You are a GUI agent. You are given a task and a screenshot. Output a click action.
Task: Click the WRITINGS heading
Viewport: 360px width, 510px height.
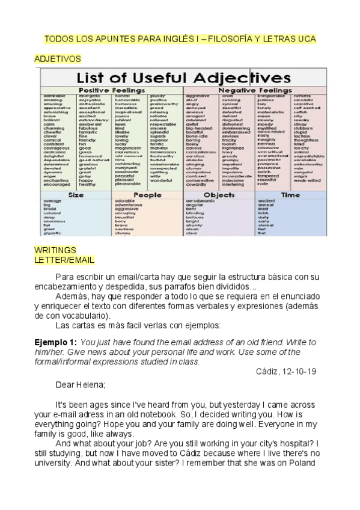click(55, 250)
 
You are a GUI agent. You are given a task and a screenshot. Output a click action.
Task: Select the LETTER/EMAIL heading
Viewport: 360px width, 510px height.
click(64, 260)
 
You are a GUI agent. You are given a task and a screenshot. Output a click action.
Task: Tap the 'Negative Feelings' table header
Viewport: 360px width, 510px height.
click(254, 90)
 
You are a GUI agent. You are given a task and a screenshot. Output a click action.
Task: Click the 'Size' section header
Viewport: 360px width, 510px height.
click(76, 195)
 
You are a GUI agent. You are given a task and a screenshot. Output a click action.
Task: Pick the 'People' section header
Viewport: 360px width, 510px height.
click(147, 195)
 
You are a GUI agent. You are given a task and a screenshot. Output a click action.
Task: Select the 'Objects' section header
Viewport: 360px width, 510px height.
click(219, 195)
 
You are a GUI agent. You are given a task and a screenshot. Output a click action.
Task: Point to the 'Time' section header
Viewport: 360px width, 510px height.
click(290, 195)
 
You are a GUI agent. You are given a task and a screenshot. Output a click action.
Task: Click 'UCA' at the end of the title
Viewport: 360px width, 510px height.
click(305, 39)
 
